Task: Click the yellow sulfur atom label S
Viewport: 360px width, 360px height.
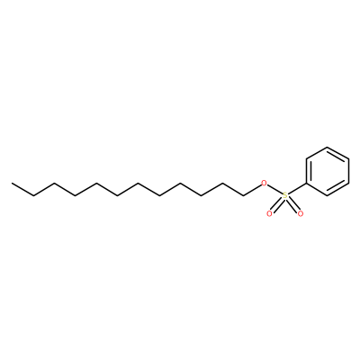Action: (x=285, y=195)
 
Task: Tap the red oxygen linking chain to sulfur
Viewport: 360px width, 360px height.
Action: (x=264, y=183)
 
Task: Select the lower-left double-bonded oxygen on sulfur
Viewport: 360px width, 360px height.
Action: (x=269, y=214)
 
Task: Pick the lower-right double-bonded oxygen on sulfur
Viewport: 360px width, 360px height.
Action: (x=301, y=214)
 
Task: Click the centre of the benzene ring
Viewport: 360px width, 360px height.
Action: (x=328, y=171)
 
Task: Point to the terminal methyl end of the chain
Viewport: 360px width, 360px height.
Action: (x=12, y=183)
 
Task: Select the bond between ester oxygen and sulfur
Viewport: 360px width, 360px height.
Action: (x=274, y=189)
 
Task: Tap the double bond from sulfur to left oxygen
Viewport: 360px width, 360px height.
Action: (x=277, y=204)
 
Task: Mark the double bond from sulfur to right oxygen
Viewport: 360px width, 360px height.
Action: (x=292, y=204)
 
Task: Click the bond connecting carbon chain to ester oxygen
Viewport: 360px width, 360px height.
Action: (x=252, y=190)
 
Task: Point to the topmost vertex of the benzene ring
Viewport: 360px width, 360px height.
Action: (x=328, y=147)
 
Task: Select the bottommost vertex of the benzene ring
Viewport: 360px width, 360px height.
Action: (x=328, y=196)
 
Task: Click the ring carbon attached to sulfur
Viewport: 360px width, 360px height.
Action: (x=306, y=184)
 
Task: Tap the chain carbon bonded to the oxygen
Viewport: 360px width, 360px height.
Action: (x=243, y=196)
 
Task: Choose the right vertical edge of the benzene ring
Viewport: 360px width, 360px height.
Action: (x=348, y=171)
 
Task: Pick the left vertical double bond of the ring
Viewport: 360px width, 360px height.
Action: (x=308, y=171)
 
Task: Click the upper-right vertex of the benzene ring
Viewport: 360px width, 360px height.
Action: (x=348, y=159)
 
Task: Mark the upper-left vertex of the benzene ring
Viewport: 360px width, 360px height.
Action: (x=306, y=159)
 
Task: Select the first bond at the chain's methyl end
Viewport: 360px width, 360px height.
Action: (x=22, y=189)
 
